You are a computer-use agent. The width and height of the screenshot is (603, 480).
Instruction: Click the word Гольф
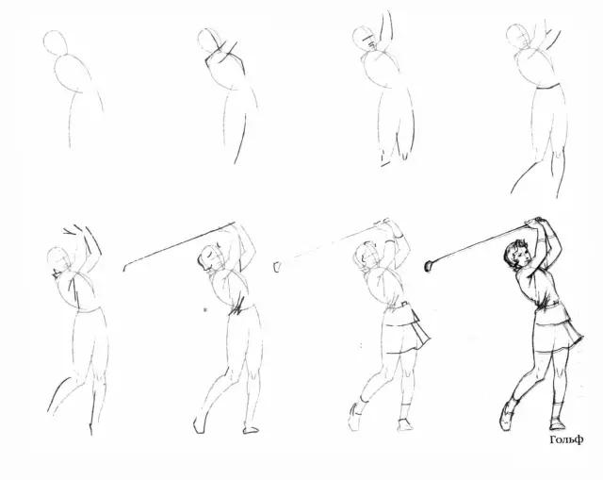pyautogui.click(x=566, y=439)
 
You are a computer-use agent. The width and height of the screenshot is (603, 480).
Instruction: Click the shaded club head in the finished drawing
pyautogui.click(x=429, y=266)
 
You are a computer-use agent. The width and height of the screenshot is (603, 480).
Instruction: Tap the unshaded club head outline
pyautogui.click(x=276, y=267)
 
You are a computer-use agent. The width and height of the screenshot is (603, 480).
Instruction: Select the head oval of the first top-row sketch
pyautogui.click(x=56, y=42)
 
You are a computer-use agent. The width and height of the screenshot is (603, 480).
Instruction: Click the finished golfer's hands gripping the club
pyautogui.click(x=535, y=222)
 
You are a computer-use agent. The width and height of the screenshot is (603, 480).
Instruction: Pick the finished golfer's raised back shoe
pyautogui.click(x=507, y=416)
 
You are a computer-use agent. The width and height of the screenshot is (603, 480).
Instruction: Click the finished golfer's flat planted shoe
pyautogui.click(x=557, y=423)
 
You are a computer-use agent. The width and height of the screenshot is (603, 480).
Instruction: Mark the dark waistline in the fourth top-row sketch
pyautogui.click(x=547, y=87)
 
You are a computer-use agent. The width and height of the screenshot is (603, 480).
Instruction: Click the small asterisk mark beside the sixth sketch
pyautogui.click(x=205, y=309)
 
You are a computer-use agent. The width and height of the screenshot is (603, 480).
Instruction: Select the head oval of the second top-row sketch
pyautogui.click(x=207, y=40)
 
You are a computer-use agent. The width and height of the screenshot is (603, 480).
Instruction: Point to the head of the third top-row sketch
pyautogui.click(x=364, y=38)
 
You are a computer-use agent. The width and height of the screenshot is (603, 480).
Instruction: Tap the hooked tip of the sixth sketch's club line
pyautogui.click(x=125, y=267)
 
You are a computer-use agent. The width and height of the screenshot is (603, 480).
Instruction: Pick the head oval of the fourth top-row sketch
pyautogui.click(x=517, y=36)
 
